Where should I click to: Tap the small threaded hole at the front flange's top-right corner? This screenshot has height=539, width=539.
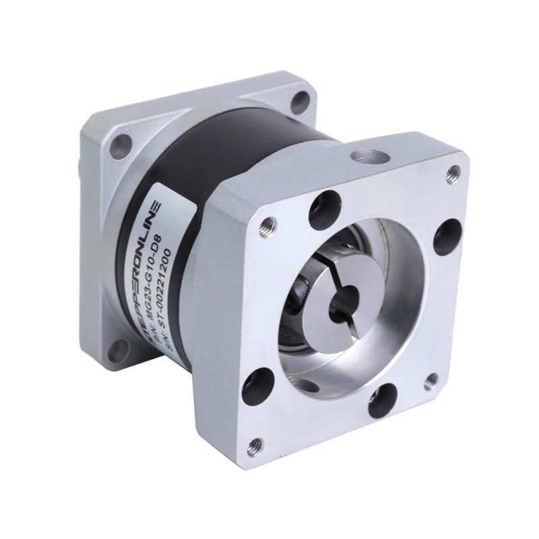[453, 174]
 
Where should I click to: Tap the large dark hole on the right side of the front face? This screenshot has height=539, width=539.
[446, 235]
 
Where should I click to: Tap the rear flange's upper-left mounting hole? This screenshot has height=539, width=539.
[122, 145]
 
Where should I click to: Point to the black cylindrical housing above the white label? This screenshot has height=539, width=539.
[222, 155]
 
